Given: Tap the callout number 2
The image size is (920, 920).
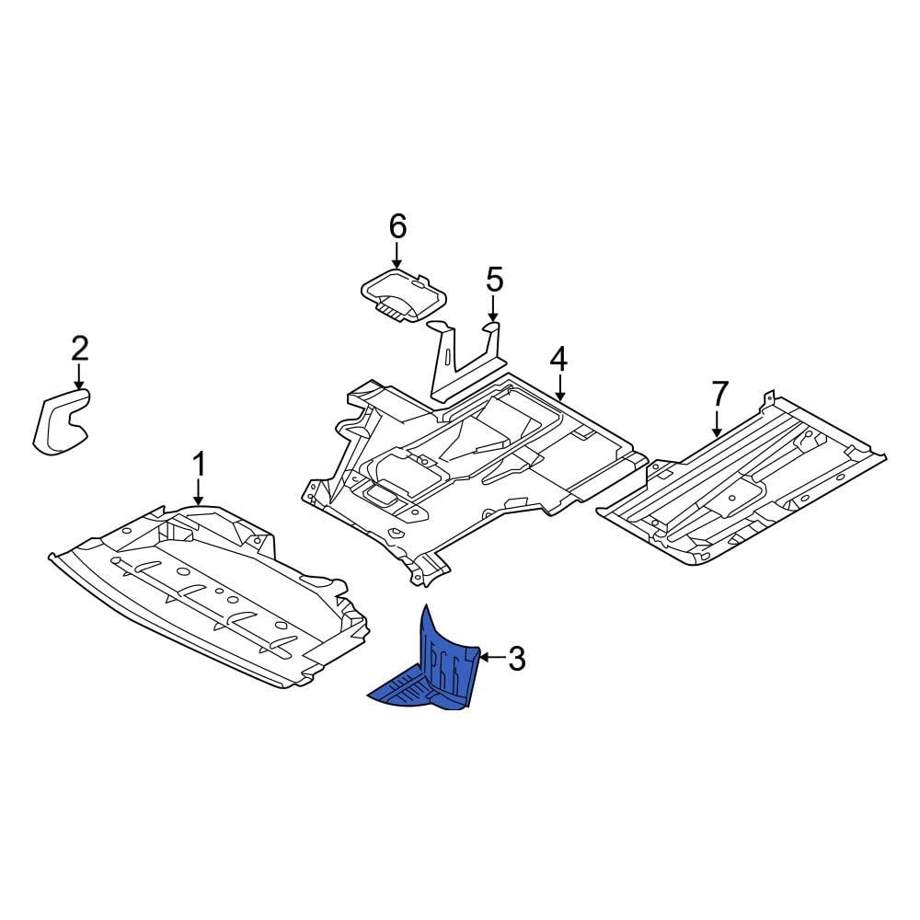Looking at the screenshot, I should point(80,348).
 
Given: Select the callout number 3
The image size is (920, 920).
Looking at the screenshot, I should point(516,658).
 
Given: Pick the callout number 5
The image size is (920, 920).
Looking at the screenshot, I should point(494,277).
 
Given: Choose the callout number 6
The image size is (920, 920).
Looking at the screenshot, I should point(397,224).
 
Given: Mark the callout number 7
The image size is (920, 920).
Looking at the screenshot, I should point(719,394).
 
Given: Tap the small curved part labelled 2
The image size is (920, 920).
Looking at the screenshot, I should point(60,421).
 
